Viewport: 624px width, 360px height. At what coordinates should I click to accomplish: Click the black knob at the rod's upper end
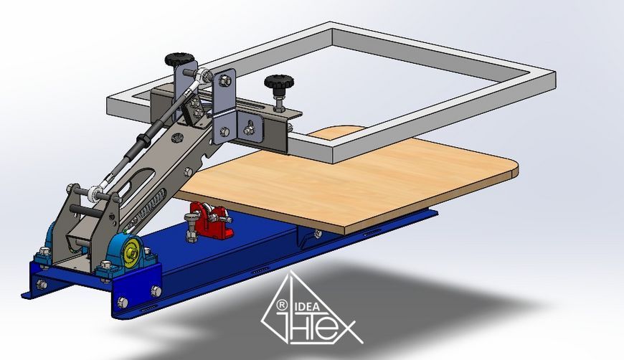tap(179, 60)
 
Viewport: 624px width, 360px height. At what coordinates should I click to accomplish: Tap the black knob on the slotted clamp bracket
tap(279, 82)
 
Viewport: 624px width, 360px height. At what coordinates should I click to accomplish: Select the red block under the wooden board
tap(209, 220)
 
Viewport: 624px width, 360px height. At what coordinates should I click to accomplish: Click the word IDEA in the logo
tap(306, 307)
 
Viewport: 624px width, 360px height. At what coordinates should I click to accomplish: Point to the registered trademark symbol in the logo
tap(282, 305)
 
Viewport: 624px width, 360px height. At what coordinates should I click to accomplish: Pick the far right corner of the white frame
tap(554, 72)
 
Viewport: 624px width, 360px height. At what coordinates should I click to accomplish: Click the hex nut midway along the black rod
tap(142, 140)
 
